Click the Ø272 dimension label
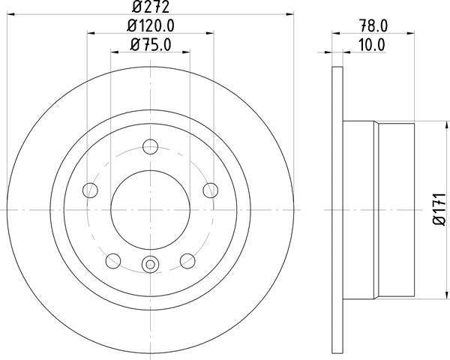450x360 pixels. click(151, 7)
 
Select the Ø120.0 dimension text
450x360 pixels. click(151, 26)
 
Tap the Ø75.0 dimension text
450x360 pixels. click(151, 45)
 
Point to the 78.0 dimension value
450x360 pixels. click(373, 25)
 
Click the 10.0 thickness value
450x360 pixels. click(372, 45)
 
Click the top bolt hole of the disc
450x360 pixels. click(151, 147)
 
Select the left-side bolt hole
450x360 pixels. click(90, 190)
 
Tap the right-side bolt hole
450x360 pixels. click(211, 190)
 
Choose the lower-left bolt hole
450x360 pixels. click(113, 261)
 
